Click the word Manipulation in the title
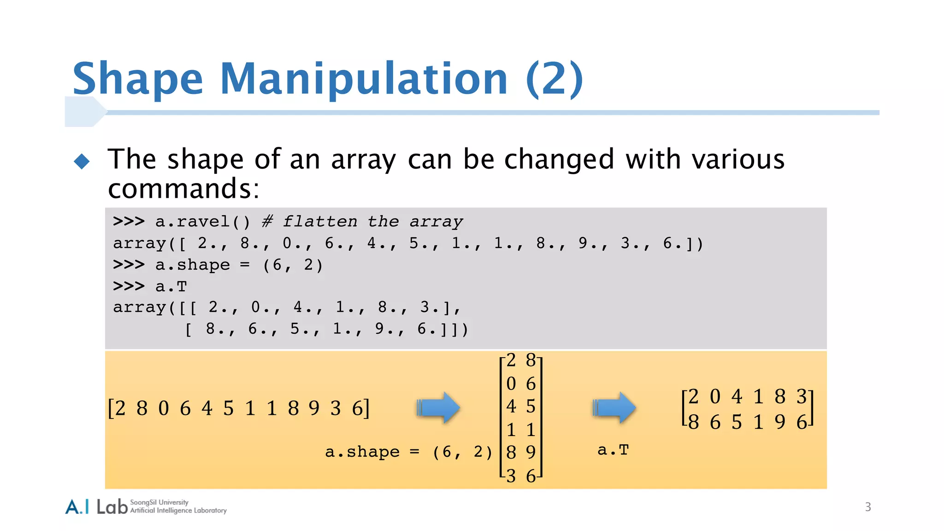pyautogui.click(x=363, y=79)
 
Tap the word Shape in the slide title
pyautogui.click(x=137, y=79)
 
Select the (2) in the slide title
pyautogui.click(x=554, y=79)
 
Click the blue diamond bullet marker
pyautogui.click(x=82, y=161)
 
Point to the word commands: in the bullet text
pyautogui.click(x=183, y=189)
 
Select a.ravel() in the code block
pyautogui.click(x=202, y=222)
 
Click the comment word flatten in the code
pyautogui.click(x=319, y=222)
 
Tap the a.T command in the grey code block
pyautogui.click(x=171, y=286)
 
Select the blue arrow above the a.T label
pyautogui.click(x=614, y=407)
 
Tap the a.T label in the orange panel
pyautogui.click(x=613, y=450)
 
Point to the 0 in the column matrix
pyautogui.click(x=511, y=383)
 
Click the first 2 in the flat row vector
pyautogui.click(x=120, y=408)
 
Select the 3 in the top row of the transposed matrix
pyautogui.click(x=802, y=396)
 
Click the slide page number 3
pyautogui.click(x=868, y=507)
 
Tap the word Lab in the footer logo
pyautogui.click(x=112, y=507)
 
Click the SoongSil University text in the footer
pyautogui.click(x=159, y=502)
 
